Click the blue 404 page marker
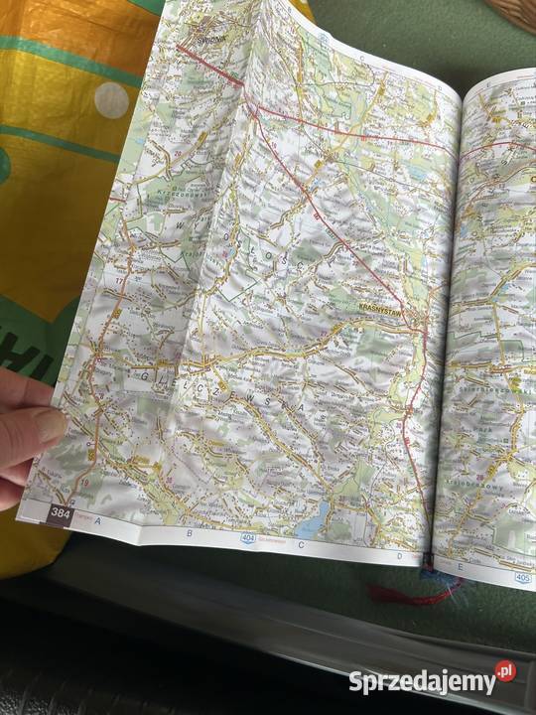pos(245,538)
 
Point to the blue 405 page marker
pos(522,578)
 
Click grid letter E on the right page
pos(460,567)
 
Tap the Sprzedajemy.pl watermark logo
pos(432,681)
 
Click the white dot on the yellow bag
pos(111,99)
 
